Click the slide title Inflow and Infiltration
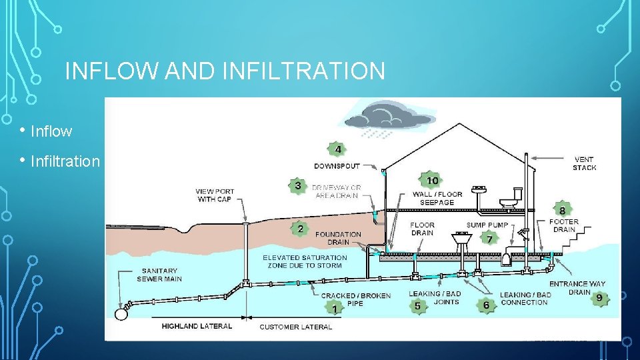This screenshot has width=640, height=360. click(225, 71)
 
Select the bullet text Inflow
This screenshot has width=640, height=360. click(51, 131)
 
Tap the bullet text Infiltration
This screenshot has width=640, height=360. click(65, 161)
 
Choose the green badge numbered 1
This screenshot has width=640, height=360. click(334, 307)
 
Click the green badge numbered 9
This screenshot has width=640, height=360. click(599, 297)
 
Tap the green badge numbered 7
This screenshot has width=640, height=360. click(490, 238)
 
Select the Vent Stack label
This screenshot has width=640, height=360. click(585, 163)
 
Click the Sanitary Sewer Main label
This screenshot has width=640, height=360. click(159, 275)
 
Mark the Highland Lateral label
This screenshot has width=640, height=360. click(197, 327)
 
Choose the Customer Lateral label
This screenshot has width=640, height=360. click(295, 327)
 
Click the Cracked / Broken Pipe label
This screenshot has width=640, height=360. click(356, 299)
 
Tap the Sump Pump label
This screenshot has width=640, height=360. click(487, 225)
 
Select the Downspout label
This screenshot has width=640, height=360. click(337, 165)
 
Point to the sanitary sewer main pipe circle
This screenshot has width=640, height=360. click(121, 313)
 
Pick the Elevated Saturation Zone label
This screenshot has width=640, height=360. click(305, 261)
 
